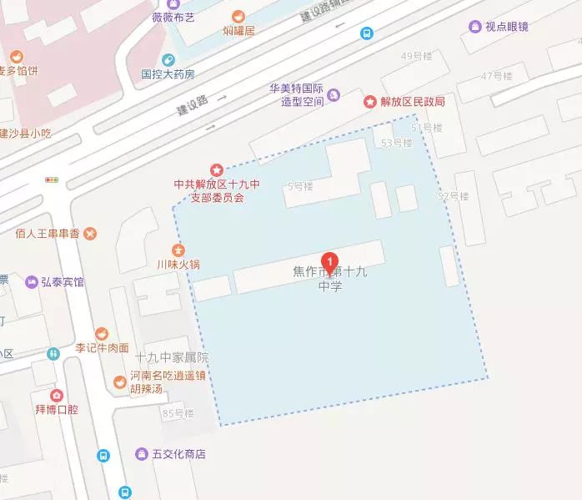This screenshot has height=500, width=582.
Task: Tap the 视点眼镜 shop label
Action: click(x=506, y=27)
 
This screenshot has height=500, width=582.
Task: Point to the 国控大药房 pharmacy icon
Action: click(x=167, y=60)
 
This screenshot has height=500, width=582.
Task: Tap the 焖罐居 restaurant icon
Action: click(x=238, y=17)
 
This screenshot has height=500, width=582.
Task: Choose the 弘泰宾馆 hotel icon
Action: click(x=31, y=281)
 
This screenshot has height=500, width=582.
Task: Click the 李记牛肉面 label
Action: click(x=103, y=347)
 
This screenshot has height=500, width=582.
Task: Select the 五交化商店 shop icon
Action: click(x=141, y=454)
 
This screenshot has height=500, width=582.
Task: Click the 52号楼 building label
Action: click(x=454, y=196)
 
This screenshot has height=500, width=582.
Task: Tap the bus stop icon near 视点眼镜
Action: click(x=367, y=33)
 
